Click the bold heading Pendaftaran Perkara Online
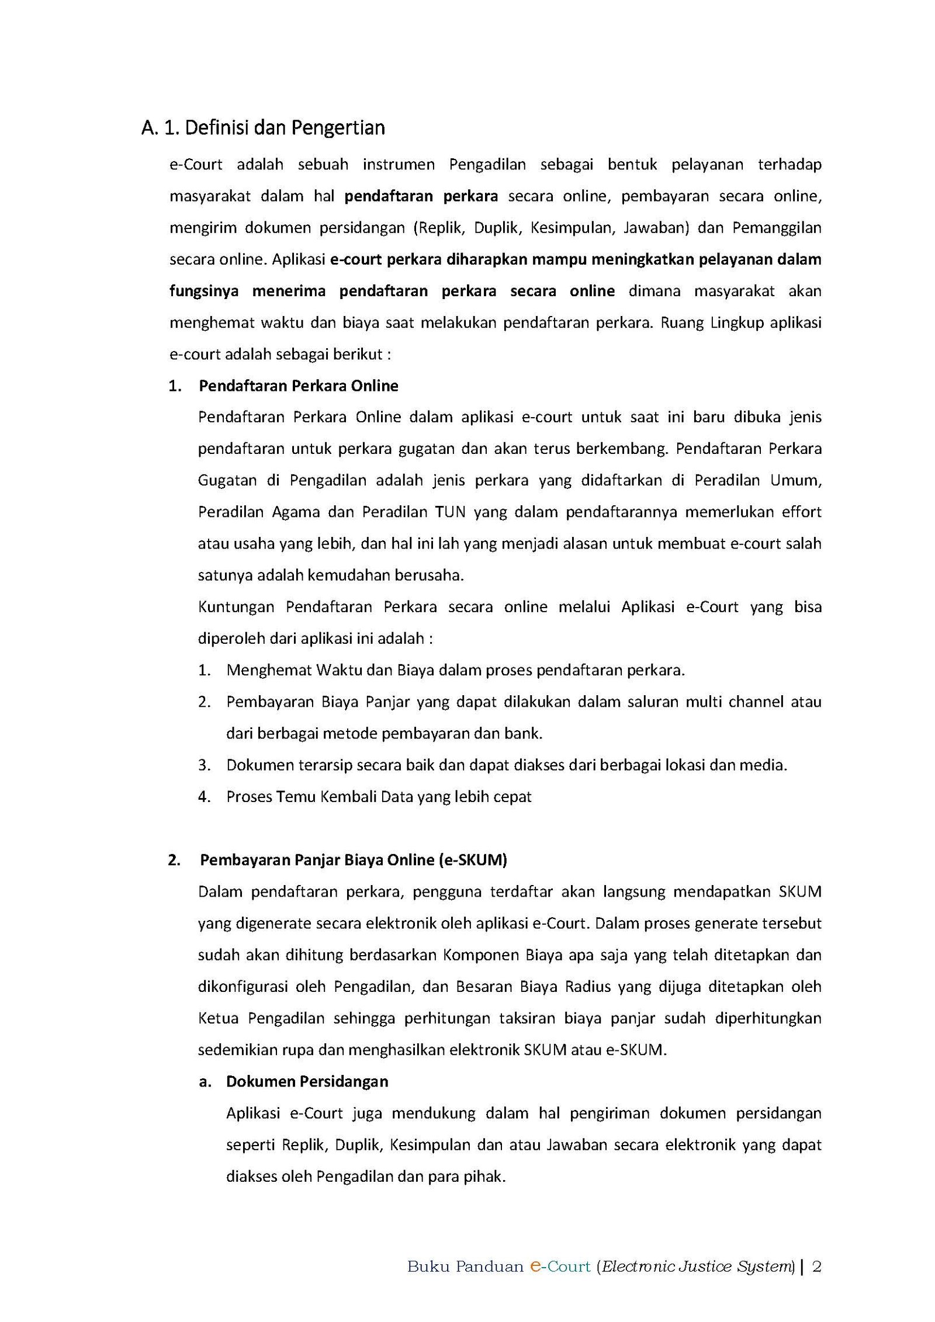tap(298, 386)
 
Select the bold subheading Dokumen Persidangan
tap(307, 1081)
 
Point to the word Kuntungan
tap(236, 607)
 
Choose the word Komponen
tap(480, 955)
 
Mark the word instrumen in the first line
tap(399, 165)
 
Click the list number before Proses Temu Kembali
tap(204, 797)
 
